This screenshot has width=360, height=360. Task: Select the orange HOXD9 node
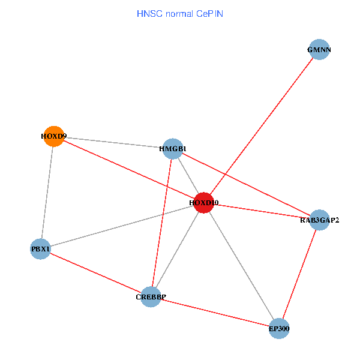(x=53, y=136)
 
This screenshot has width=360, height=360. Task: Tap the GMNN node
(x=319, y=50)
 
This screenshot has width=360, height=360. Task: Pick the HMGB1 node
(x=173, y=148)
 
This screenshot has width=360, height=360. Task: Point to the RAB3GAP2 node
(x=319, y=220)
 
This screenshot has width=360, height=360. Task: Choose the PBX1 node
(x=40, y=248)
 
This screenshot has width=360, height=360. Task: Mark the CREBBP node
(x=151, y=296)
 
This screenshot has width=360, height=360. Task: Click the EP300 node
(x=279, y=328)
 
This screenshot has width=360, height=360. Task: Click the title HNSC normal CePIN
(x=180, y=13)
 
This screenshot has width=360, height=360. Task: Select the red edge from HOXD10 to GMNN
(x=262, y=126)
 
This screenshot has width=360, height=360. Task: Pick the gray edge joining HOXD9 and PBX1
(x=47, y=192)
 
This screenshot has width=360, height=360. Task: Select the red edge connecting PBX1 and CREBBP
(x=95, y=272)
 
